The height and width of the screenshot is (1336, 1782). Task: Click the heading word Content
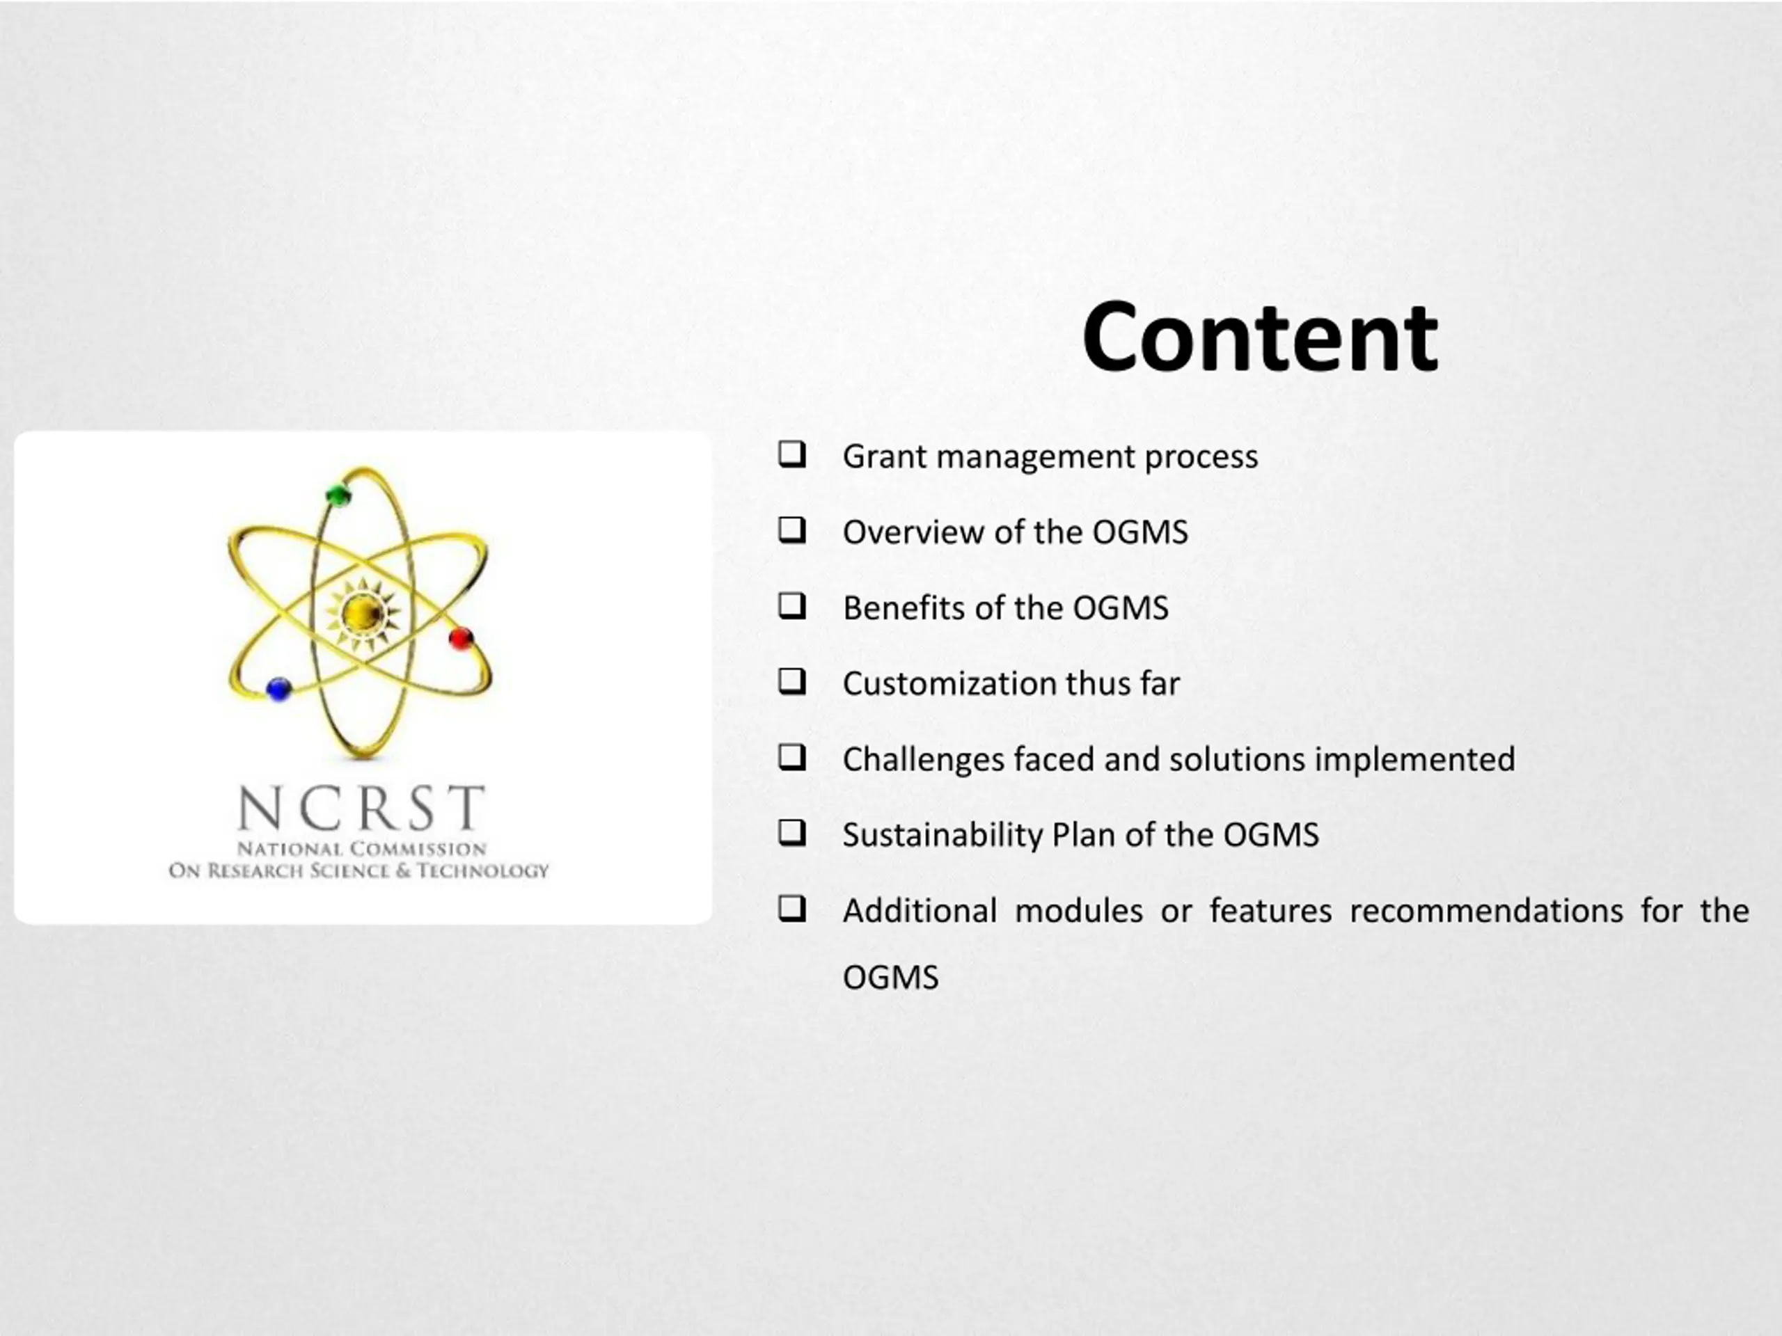(1259, 337)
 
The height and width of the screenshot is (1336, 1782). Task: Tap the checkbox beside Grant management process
(792, 454)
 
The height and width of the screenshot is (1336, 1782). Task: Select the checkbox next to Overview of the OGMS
(792, 530)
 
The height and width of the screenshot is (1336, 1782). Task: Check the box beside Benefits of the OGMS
(792, 605)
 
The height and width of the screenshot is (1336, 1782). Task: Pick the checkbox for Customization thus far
(792, 681)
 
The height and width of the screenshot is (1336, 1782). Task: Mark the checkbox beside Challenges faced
(792, 757)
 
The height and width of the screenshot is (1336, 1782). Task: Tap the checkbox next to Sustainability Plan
(792, 833)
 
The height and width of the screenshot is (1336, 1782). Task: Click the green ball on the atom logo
(339, 495)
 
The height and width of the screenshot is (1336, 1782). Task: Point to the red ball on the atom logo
(461, 639)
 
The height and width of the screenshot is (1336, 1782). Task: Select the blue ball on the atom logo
(278, 689)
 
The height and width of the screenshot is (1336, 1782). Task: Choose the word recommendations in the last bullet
(1486, 912)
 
